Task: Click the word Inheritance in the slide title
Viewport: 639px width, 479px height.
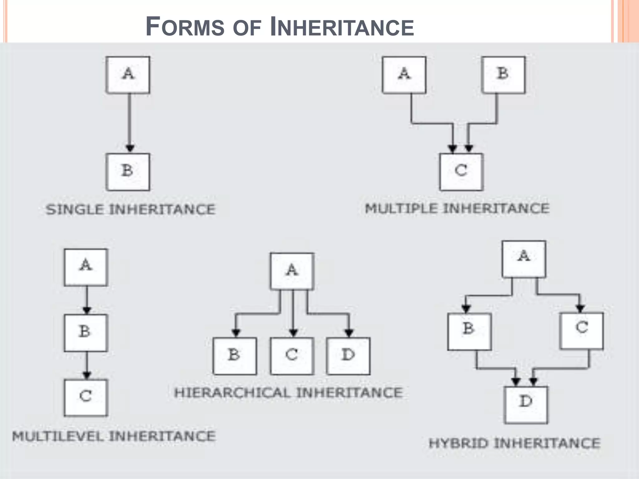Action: click(342, 27)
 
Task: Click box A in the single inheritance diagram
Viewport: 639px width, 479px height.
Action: click(128, 75)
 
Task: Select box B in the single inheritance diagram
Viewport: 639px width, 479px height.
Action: click(128, 172)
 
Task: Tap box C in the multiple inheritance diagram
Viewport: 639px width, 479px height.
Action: click(461, 172)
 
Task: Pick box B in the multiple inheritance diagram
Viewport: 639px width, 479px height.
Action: click(503, 75)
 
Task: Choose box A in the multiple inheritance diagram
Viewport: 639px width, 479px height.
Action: click(404, 75)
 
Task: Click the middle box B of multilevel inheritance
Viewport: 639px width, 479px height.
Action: click(86, 333)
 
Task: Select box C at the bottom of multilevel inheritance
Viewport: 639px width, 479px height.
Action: click(86, 398)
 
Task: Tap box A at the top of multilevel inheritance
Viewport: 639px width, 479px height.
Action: click(86, 267)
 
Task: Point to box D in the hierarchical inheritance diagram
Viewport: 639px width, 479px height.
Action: click(349, 356)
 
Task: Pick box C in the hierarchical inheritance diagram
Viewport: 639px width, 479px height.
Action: click(292, 356)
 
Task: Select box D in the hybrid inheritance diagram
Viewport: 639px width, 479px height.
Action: click(526, 405)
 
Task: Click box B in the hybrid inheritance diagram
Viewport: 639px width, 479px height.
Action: click(469, 331)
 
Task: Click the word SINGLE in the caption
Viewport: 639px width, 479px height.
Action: click(75, 209)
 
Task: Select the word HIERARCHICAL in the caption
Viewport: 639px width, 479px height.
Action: click(232, 393)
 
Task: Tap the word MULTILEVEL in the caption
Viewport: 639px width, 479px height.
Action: click(58, 436)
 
